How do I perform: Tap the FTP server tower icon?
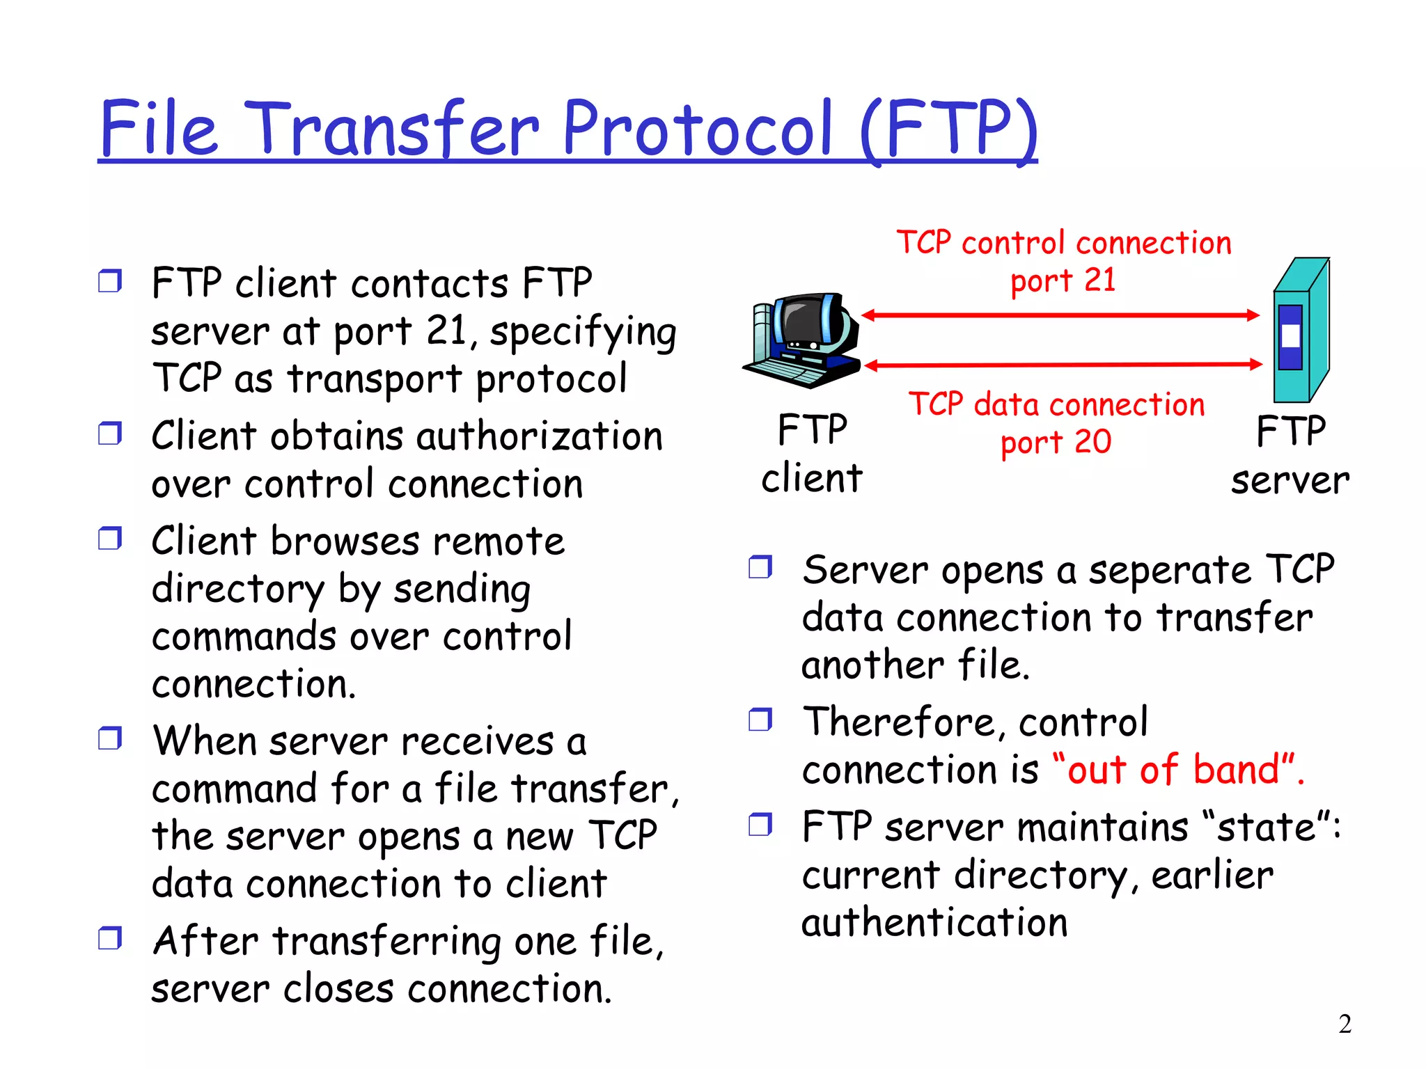[1300, 331]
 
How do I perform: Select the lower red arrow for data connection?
[1062, 364]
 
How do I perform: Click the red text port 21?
[1063, 280]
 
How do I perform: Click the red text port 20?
[1056, 443]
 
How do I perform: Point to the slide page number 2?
[1345, 1024]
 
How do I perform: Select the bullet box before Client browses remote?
[110, 538]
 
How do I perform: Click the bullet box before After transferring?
[110, 938]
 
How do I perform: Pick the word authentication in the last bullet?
[934, 923]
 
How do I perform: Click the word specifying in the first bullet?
[583, 332]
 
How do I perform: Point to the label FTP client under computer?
[812, 454]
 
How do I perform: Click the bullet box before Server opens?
[760, 567]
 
